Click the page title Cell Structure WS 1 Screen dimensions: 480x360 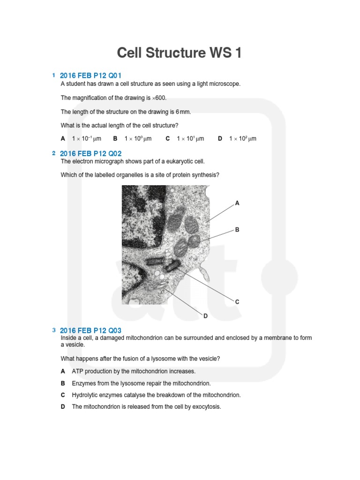pyautogui.click(x=180, y=52)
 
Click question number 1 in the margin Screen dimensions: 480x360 pyautogui.click(x=54, y=75)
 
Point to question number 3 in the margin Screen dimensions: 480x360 pyautogui.click(x=54, y=330)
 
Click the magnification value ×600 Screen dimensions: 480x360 pyautogui.click(x=159, y=98)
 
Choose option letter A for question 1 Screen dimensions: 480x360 pyautogui.click(x=63, y=139)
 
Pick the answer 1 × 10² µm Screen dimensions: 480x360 pyautogui.click(x=242, y=139)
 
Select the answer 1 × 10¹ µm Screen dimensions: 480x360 pyautogui.click(x=190, y=139)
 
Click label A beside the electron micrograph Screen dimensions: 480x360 pyautogui.click(x=237, y=203)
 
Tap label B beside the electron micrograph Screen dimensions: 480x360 pyautogui.click(x=237, y=230)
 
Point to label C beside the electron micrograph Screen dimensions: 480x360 pyautogui.click(x=237, y=302)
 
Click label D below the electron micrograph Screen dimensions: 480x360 pyautogui.click(x=205, y=316)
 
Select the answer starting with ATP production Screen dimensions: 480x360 pyautogui.click(x=134, y=371)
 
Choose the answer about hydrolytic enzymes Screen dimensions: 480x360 pyautogui.click(x=156, y=395)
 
